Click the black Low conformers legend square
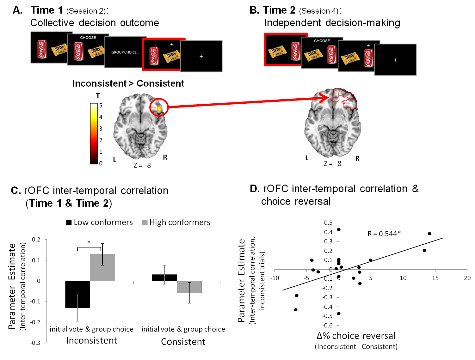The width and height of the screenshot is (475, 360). tap(69, 223)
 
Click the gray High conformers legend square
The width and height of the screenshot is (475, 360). tap(145, 223)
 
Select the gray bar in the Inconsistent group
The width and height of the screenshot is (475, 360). tap(102, 267)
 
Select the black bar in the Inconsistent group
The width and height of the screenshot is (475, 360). tap(77, 294)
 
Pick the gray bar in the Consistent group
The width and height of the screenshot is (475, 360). tap(189, 287)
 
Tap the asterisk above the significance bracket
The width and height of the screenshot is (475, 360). tap(89, 242)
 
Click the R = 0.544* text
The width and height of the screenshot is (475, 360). tap(384, 234)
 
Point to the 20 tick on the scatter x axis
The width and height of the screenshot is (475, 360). tap(467, 278)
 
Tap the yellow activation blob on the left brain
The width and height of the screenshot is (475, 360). tap(159, 108)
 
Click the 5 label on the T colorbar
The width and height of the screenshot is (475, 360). tap(101, 105)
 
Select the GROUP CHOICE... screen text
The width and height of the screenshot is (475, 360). tap(125, 52)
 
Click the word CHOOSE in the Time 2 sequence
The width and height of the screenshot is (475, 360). tap(322, 41)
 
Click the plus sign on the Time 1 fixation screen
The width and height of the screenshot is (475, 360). tap(201, 57)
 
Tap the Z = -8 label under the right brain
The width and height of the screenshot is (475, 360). tap(332, 163)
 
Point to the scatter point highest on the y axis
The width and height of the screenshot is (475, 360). tap(339, 229)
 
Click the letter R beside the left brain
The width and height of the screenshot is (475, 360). tap(165, 157)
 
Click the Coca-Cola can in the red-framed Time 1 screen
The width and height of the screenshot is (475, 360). tap(154, 56)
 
